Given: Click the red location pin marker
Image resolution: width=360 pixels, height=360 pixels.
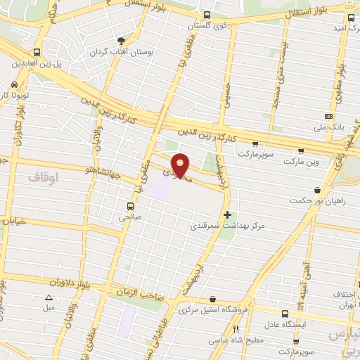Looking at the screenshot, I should [x=181, y=165].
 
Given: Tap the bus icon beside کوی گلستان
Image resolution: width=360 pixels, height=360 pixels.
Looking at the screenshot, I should [x=205, y=15].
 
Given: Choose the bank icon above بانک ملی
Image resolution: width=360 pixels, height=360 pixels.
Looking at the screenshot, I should [x=328, y=116].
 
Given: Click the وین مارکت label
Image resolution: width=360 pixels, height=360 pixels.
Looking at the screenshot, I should [x=301, y=162].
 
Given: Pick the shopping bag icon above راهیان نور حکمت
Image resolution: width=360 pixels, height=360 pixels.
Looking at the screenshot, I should [x=318, y=190].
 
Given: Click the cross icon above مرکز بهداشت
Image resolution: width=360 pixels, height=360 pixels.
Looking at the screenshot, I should [x=226, y=214].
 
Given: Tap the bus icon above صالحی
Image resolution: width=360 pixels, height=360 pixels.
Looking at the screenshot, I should [x=129, y=206].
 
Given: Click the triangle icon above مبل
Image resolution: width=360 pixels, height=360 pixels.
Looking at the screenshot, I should [x=49, y=297].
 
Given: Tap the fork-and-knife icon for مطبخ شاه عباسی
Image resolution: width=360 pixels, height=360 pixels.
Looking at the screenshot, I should [x=236, y=329].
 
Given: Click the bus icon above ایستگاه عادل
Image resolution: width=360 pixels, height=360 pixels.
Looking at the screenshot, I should [x=285, y=314].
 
